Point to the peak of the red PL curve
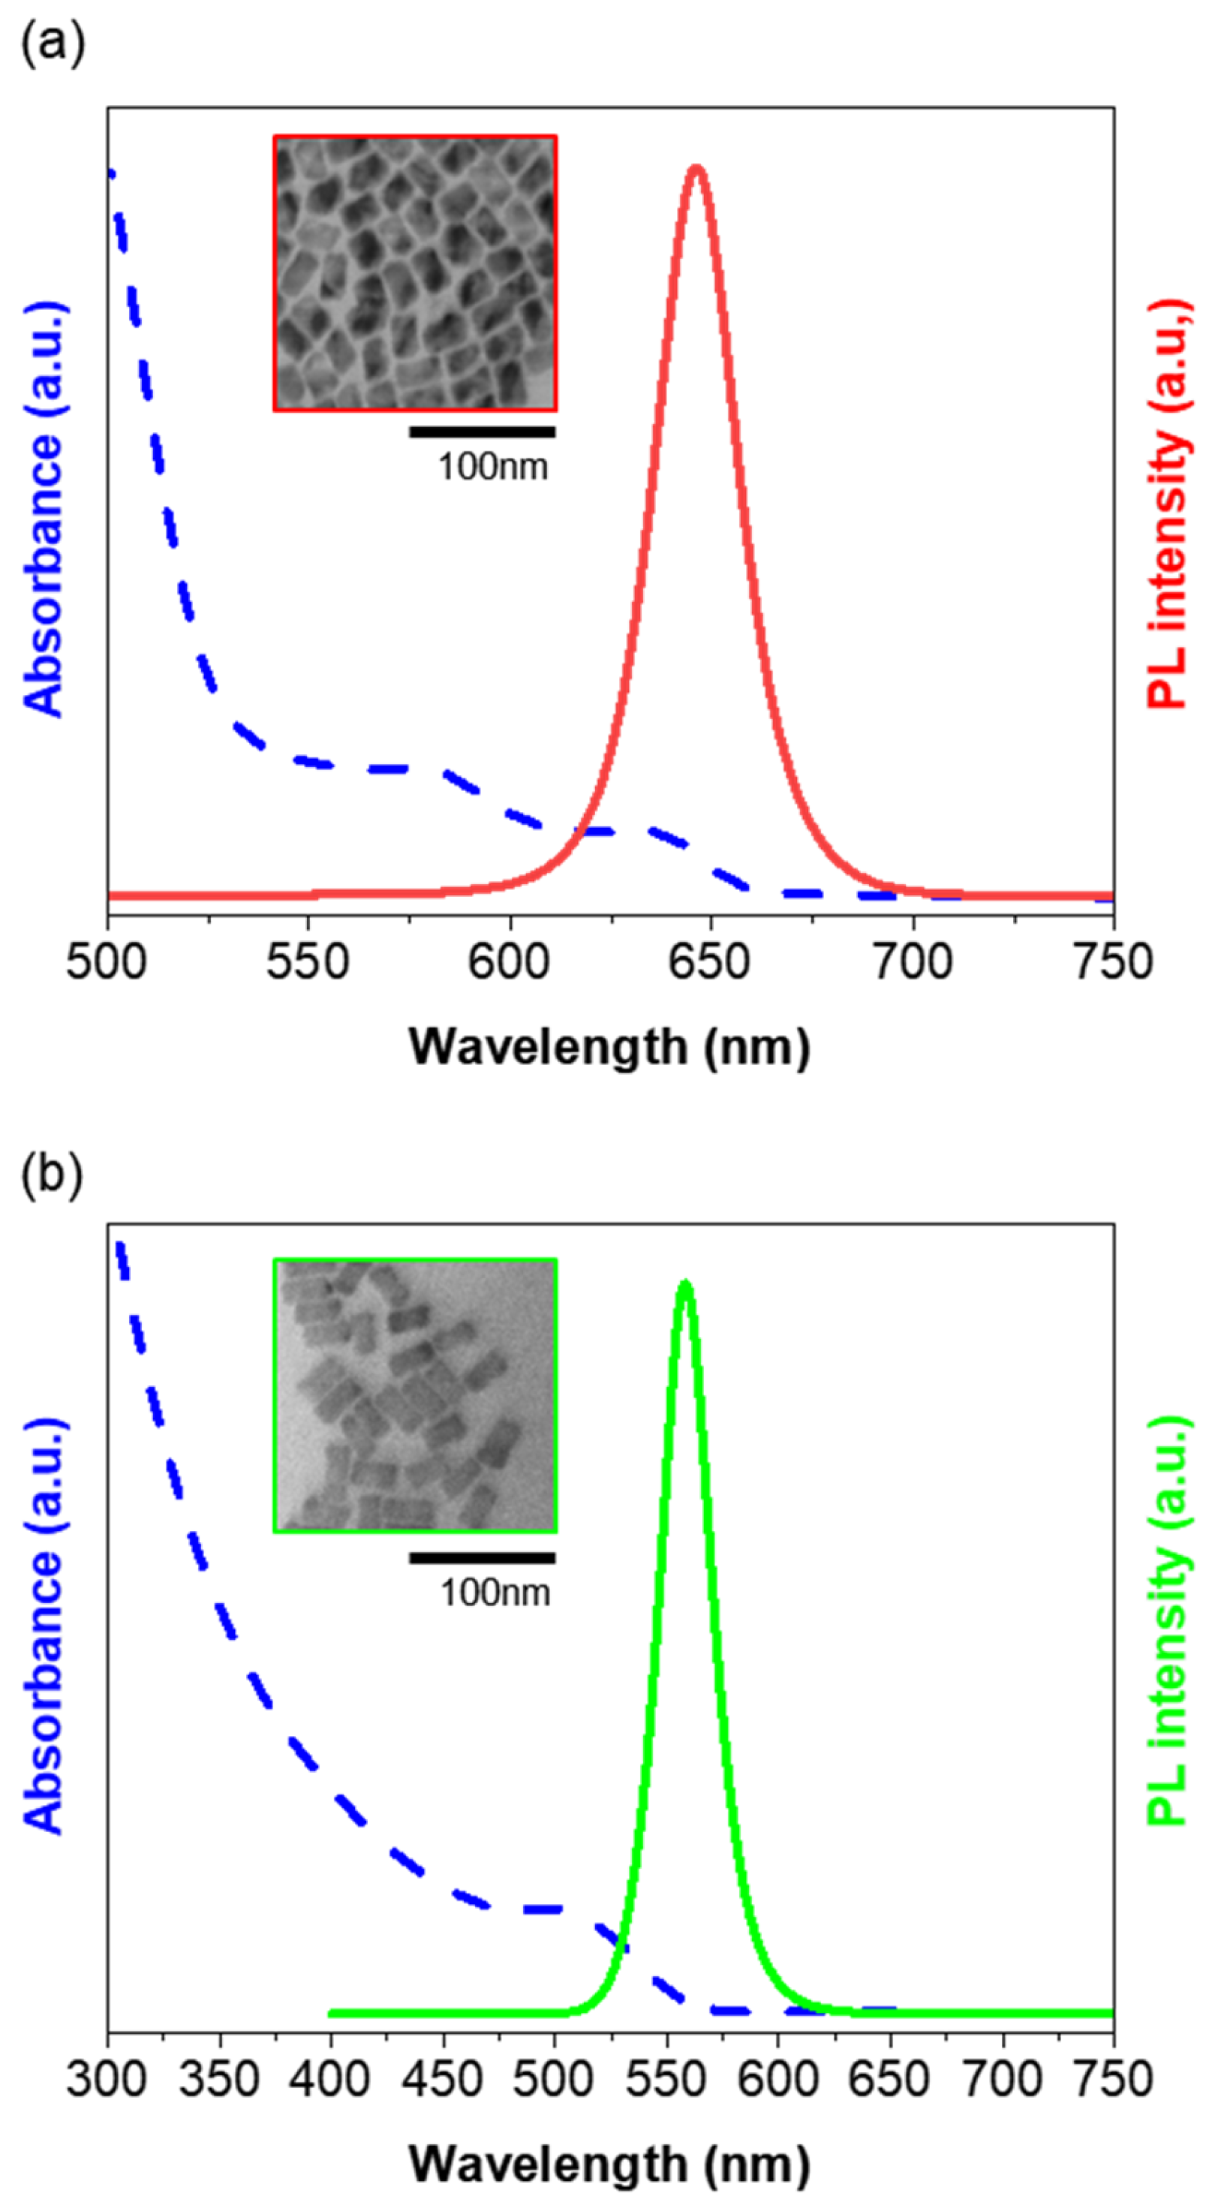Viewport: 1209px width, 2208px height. point(696,168)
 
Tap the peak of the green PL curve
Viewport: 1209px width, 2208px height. point(684,1284)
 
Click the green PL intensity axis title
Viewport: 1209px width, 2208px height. point(1168,1620)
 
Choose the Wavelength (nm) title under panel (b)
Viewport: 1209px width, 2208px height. point(609,2164)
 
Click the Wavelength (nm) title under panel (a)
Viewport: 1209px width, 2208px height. point(609,1048)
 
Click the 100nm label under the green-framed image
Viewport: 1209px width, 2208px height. point(495,1593)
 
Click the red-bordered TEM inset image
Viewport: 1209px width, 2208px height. point(416,272)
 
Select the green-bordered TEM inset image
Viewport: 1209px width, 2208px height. point(416,1395)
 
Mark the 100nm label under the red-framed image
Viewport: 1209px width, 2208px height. point(493,467)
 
